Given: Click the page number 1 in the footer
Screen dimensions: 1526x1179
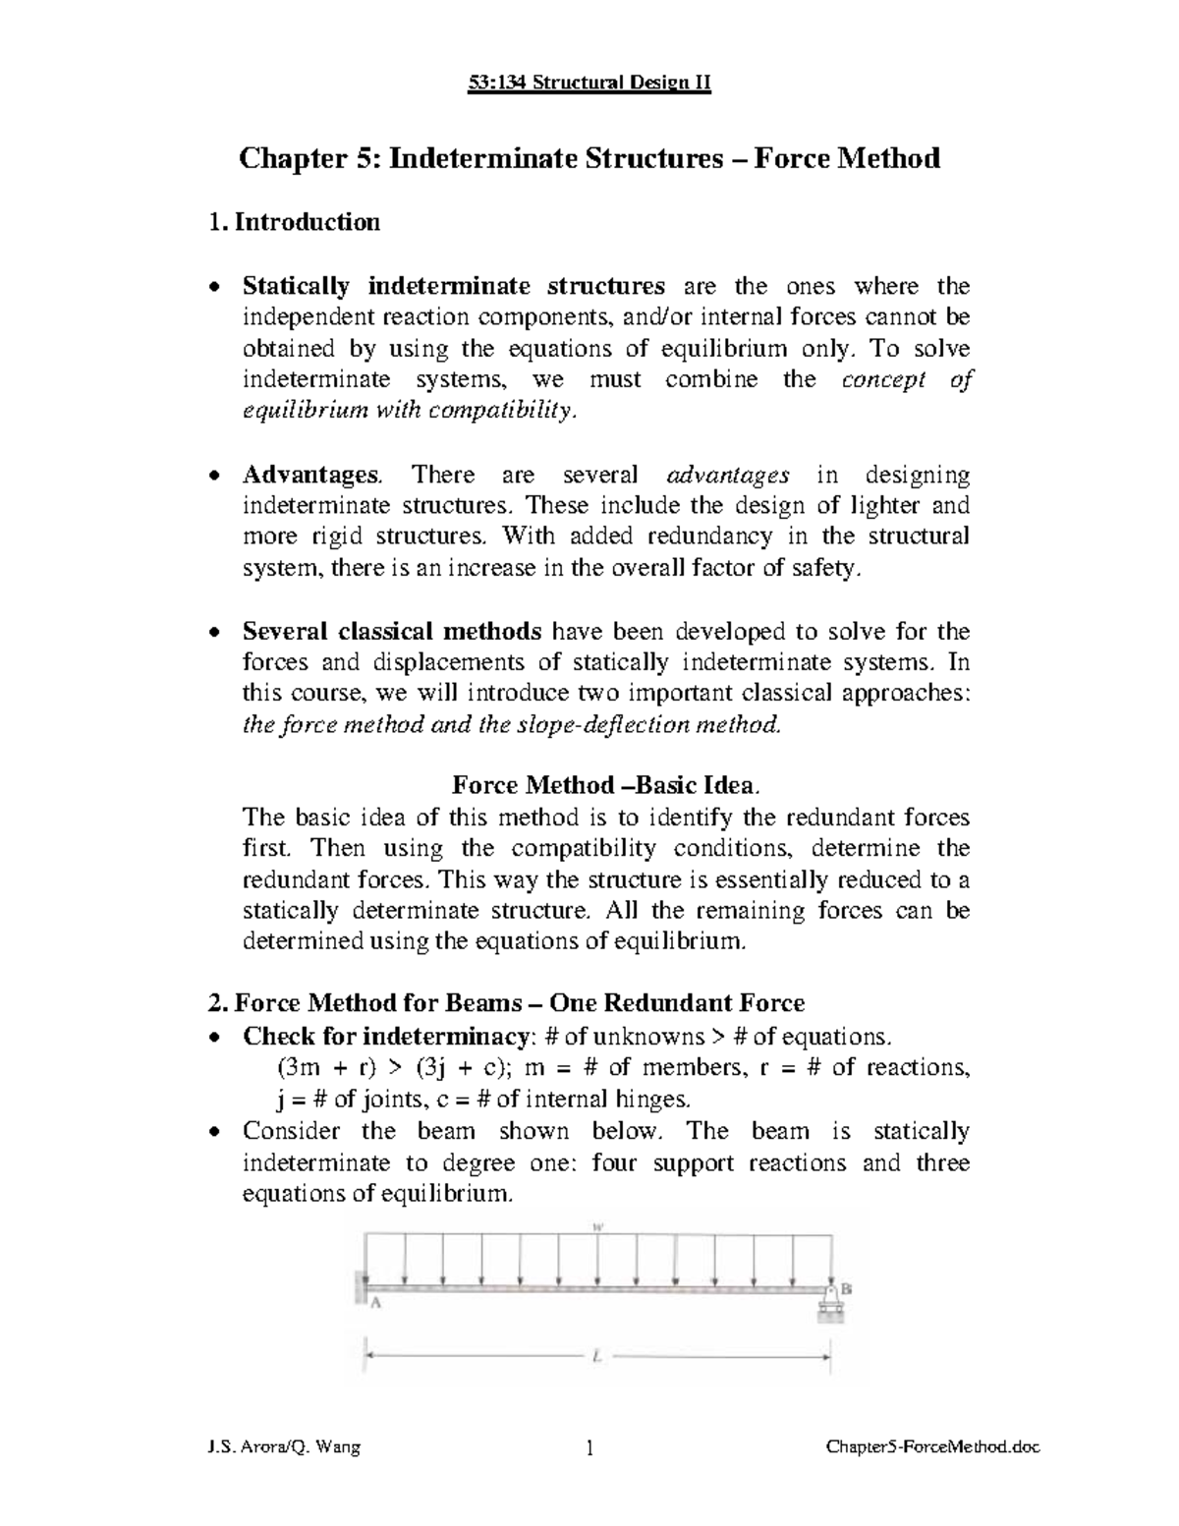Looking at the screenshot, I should (x=589, y=1447).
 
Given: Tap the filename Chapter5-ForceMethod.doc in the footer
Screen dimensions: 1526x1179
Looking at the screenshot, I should (x=932, y=1447).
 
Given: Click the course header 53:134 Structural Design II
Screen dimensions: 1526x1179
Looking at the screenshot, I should (x=589, y=83).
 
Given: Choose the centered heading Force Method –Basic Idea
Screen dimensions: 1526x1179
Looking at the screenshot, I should (x=604, y=785).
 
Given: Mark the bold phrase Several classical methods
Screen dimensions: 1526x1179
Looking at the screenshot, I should (x=392, y=631).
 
